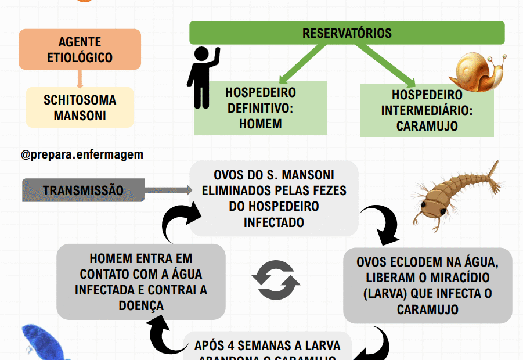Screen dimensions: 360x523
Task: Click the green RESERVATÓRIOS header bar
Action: tap(347, 33)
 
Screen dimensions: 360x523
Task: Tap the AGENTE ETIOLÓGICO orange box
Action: tap(80, 50)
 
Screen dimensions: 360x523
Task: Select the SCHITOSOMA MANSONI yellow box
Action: tap(80, 107)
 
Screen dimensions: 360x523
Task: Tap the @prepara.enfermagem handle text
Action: tap(82, 155)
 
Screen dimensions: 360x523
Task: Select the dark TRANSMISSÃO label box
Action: tap(83, 190)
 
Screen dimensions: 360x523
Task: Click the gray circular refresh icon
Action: tap(276, 280)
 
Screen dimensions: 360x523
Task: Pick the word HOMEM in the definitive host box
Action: tap(261, 124)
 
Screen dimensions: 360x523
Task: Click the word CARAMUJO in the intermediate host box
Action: tap(427, 125)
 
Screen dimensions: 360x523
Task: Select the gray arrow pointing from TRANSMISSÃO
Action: tap(168, 190)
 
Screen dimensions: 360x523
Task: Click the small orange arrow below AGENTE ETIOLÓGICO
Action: tap(80, 78)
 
